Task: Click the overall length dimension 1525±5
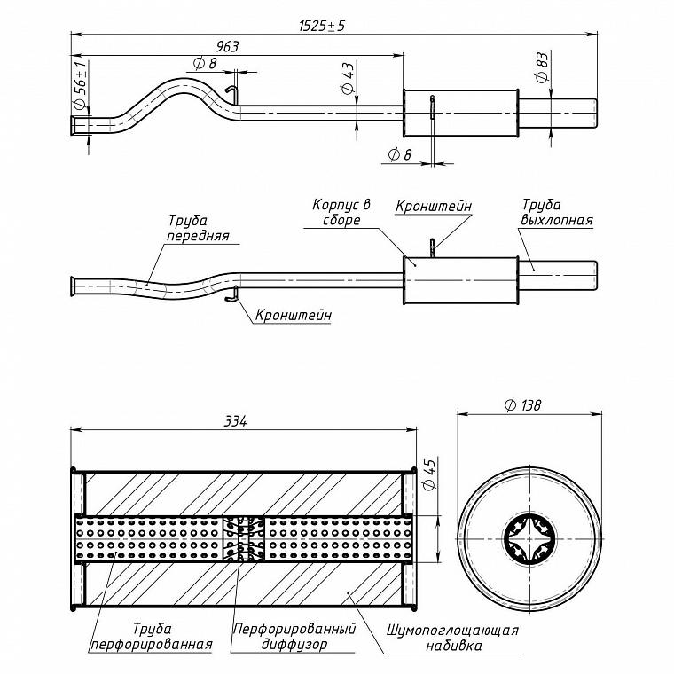pos(322,26)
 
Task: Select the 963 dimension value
pos(227,46)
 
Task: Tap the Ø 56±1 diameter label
pos(82,84)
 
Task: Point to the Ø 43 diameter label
pos(348,78)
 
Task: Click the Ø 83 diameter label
pos(542,67)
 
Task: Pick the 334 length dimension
pos(236,421)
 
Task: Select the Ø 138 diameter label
pos(522,405)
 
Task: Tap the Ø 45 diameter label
pos(429,474)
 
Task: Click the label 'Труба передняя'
pos(198,228)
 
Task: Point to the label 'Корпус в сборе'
pos(341,212)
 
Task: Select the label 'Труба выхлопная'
pos(557,212)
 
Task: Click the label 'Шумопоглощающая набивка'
pos(452,638)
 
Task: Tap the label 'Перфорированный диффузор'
pos(294,637)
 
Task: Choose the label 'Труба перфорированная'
pos(152,637)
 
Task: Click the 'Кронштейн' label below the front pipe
pos(294,315)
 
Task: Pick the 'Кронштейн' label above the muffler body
pos(434,206)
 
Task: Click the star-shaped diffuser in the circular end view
pos(529,539)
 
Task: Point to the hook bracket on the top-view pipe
pos(231,92)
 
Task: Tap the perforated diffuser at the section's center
pos(244,539)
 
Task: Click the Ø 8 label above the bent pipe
pos(206,64)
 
